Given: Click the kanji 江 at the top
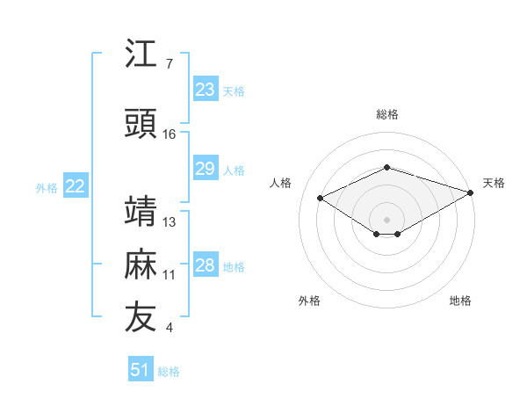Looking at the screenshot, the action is coord(141,53).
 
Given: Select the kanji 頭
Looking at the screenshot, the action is coord(141,123).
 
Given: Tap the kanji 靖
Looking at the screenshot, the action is coord(141,211).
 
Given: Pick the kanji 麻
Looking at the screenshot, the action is coord(141,264).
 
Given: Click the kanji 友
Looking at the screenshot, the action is coord(141,316).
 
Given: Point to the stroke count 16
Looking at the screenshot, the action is coord(169,134).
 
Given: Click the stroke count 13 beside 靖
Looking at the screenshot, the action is coord(169,222).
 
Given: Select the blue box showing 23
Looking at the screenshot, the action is coord(206,89).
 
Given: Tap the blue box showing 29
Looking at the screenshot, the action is coord(206,168).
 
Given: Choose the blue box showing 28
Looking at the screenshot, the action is coord(206,264).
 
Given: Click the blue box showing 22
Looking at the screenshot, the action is coord(76,185).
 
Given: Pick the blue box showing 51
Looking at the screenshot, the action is coord(141,368).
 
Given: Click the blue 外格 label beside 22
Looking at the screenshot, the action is coord(47,188).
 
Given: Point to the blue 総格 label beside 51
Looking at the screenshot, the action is coord(169,372).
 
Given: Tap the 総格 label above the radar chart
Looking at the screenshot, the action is coord(387,114).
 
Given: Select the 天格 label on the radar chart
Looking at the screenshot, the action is coord(494,183).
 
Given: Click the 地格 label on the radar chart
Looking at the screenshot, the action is coord(460,301).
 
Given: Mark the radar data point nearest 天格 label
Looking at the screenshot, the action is coord(471,192).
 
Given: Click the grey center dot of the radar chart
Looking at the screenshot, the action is coord(386,220).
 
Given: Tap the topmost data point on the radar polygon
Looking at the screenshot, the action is coord(387,167).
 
